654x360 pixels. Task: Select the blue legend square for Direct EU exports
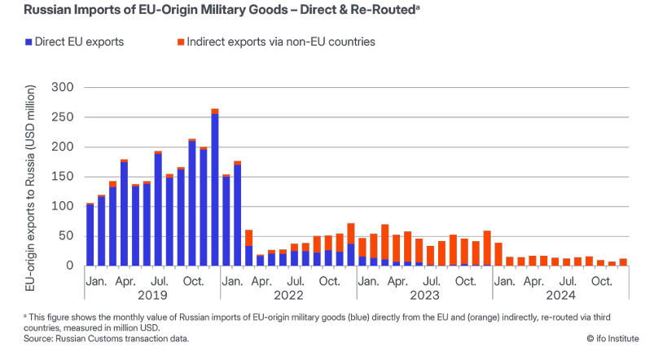[29, 42]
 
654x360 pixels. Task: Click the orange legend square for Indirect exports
[179, 42]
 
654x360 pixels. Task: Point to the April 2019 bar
[125, 213]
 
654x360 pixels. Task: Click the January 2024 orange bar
[498, 254]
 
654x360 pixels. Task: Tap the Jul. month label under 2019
[159, 281]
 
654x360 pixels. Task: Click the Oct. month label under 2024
[601, 281]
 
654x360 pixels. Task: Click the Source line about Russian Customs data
[96, 336]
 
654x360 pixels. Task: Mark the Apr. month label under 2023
[397, 281]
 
